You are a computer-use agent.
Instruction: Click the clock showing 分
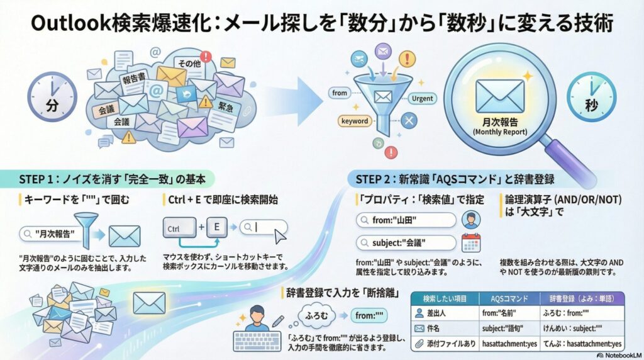tap(52, 100)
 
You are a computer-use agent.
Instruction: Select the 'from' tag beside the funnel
tap(340, 93)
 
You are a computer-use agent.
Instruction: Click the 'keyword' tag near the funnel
tap(354, 121)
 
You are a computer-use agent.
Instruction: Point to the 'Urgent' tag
tap(421, 99)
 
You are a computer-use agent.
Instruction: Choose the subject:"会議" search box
tap(405, 242)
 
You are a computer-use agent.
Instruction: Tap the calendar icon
tap(471, 242)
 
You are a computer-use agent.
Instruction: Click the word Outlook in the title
tap(59, 24)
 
